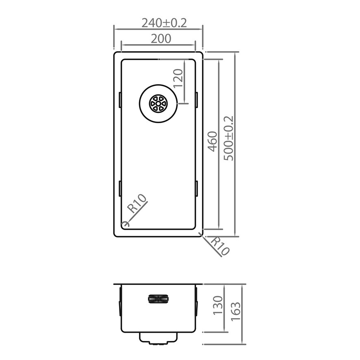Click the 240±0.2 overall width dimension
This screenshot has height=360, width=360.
click(164, 23)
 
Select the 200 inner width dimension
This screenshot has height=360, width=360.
click(161, 39)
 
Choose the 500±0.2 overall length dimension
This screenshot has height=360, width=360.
click(229, 138)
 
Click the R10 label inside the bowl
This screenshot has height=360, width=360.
click(137, 204)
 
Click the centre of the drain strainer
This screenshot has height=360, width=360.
click(158, 103)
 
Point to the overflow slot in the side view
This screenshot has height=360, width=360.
click(158, 299)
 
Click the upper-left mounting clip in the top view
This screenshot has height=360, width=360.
click(120, 100)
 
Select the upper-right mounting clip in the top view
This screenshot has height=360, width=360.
click(196, 100)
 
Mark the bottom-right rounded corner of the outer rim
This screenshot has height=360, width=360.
click(201, 234)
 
